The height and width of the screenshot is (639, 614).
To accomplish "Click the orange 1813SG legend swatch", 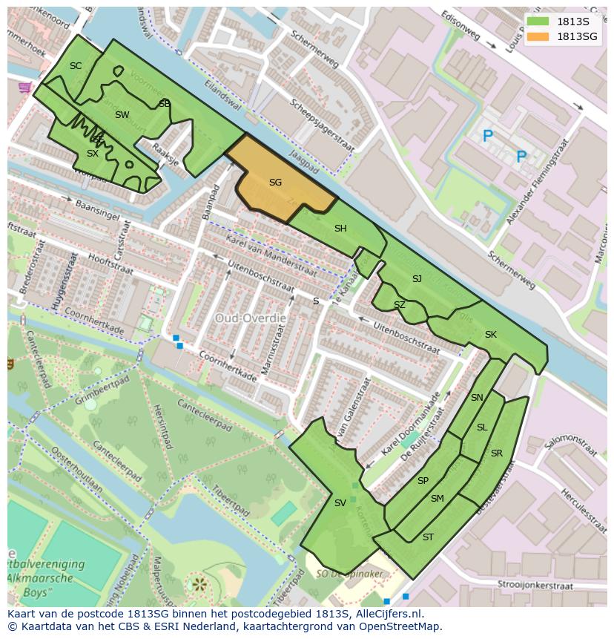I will coord(540,36).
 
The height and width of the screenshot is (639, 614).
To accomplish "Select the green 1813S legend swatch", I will coord(540,22).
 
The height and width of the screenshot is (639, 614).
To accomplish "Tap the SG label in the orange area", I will coord(275,182).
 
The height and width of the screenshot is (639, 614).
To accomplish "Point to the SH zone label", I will coord(340,229).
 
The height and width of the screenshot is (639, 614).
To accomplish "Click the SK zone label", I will coord(490,335).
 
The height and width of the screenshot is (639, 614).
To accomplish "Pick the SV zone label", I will coord(340,503).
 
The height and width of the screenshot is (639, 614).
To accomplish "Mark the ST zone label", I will coord(428,537).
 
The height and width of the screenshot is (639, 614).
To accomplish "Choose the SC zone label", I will coord(76,66).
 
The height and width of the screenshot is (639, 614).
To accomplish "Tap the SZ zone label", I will coord(400,305).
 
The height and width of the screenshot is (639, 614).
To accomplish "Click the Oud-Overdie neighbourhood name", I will coord(251,318).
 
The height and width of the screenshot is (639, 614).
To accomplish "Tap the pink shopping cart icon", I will coord(25,88).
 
